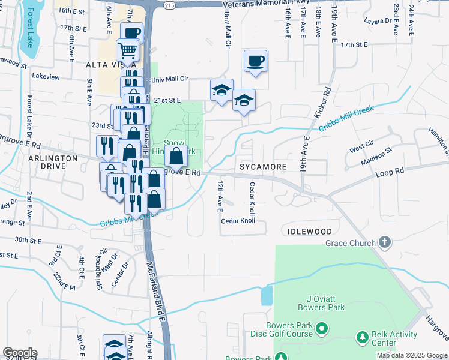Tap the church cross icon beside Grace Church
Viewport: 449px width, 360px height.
pos(385,242)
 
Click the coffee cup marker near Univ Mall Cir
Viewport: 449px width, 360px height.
pos(255,61)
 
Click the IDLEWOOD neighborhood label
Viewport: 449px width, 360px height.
pos(309,231)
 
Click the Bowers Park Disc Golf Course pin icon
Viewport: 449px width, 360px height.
pos(322,329)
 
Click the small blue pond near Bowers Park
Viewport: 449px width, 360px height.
pos(267,295)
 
